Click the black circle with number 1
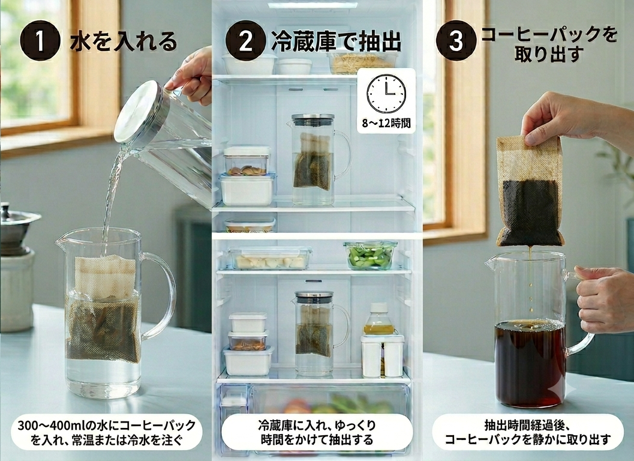tap(40, 41)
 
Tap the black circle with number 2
tap(246, 41)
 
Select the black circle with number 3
tap(456, 41)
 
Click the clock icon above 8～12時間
tap(386, 94)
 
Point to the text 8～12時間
tap(386, 122)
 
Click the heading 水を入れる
tap(124, 42)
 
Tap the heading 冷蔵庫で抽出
tap(336, 41)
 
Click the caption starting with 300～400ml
tap(106, 432)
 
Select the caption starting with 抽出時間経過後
tap(528, 432)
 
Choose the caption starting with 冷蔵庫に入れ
tap(317, 432)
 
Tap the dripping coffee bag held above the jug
tap(530, 191)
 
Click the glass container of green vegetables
tap(370, 255)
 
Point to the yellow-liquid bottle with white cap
tap(379, 319)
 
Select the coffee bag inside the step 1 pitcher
tap(104, 309)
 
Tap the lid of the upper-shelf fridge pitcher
tap(313, 120)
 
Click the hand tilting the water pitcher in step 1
tap(192, 76)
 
